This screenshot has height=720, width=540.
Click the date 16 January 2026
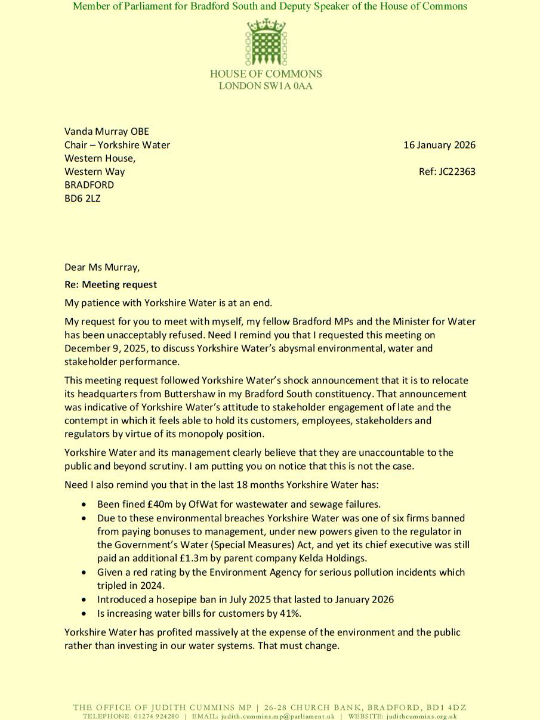point(439,145)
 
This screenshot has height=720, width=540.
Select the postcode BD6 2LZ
point(82,199)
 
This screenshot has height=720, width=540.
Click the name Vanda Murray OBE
point(107,131)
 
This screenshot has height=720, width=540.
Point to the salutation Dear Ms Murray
point(102,267)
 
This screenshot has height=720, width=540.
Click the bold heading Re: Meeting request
point(111,285)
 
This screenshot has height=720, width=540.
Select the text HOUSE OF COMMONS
point(266,74)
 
